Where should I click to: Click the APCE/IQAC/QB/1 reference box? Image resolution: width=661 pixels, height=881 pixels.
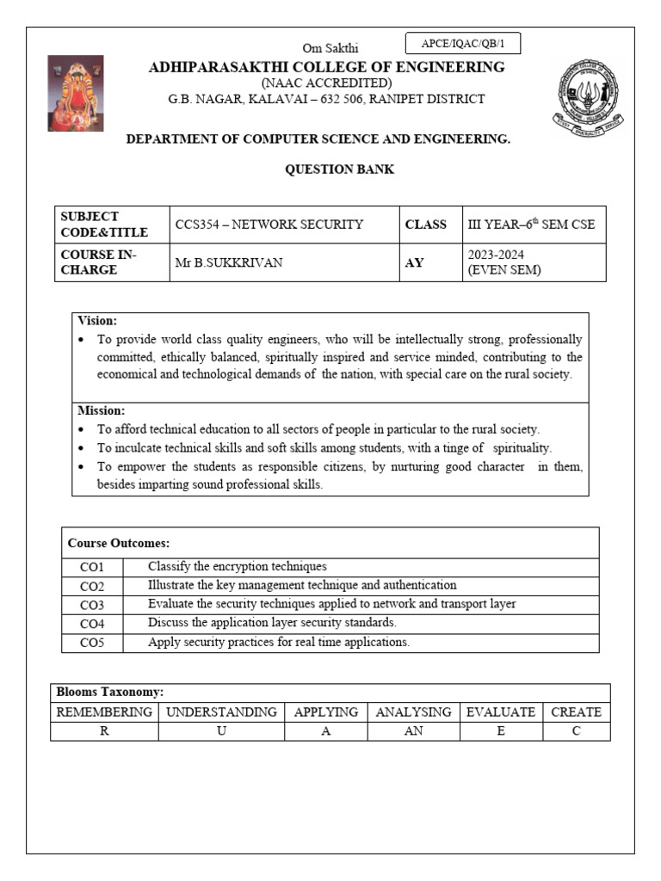coord(462,43)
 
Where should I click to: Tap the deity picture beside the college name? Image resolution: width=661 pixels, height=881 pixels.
coord(75,93)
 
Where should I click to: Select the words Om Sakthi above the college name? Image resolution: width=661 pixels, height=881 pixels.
coord(330,48)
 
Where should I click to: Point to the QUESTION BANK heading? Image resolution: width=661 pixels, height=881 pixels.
coord(339,169)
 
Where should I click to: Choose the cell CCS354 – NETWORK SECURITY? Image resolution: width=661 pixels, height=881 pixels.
coord(269,225)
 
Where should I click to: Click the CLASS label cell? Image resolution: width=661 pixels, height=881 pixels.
coord(426,225)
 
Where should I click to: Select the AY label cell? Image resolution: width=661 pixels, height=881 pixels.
coord(415,262)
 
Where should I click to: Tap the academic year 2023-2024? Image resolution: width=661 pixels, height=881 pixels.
coord(496,255)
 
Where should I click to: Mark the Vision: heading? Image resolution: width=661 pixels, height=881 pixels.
coord(97,320)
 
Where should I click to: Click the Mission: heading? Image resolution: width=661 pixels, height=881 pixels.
coord(101,410)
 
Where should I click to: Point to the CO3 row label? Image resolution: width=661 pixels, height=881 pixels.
coord(92,605)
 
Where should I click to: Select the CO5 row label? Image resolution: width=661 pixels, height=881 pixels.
coord(92,643)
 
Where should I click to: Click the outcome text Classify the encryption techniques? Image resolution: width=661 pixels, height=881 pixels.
coord(238,566)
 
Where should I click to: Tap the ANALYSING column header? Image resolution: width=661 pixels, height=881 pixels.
coord(413,712)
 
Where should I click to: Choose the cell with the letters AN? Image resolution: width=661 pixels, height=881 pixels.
coord(413,731)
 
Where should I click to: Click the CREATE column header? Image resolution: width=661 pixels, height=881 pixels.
coord(576,712)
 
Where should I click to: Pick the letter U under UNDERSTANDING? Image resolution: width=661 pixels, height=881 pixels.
coord(221,731)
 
